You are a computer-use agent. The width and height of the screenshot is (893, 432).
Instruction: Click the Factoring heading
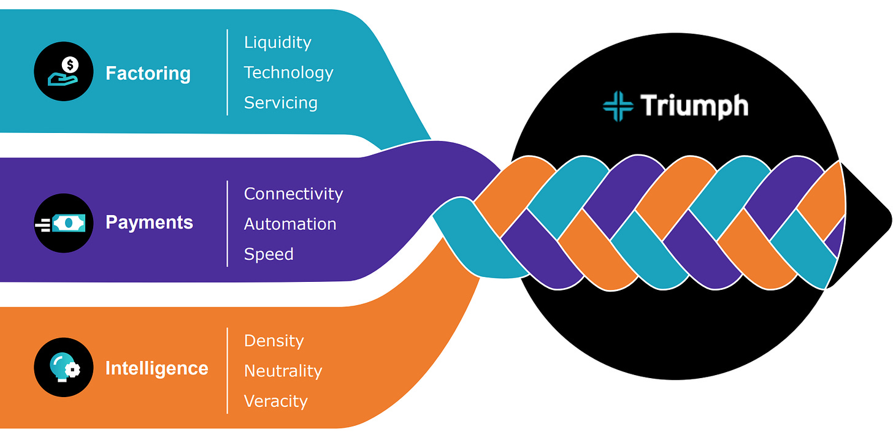[148, 74]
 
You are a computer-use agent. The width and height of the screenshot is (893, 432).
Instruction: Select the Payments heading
[149, 222]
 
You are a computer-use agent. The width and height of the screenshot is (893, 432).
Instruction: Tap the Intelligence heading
[156, 368]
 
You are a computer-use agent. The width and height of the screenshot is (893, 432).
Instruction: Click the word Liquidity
[277, 42]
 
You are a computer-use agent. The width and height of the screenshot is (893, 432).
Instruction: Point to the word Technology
[288, 72]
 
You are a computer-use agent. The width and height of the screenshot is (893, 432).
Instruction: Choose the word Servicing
[280, 102]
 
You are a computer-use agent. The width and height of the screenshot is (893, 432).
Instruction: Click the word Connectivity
[293, 194]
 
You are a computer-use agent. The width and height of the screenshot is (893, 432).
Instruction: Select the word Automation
[290, 224]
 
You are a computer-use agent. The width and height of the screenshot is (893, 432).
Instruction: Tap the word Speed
[269, 254]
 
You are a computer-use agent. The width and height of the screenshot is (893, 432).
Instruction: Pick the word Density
[274, 341]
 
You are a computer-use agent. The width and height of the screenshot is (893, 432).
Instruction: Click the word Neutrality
[283, 371]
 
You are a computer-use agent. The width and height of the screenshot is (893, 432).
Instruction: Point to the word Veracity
[275, 401]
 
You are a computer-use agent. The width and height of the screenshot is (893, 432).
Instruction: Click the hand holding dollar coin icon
[64, 71]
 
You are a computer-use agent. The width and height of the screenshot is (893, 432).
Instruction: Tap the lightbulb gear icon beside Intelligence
[64, 368]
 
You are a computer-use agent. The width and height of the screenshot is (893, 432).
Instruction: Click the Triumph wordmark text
[694, 106]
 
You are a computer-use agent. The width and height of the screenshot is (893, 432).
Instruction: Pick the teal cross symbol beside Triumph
[618, 106]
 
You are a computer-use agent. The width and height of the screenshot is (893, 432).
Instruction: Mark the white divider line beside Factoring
[228, 72]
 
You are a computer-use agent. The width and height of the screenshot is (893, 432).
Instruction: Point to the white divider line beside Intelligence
[228, 371]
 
